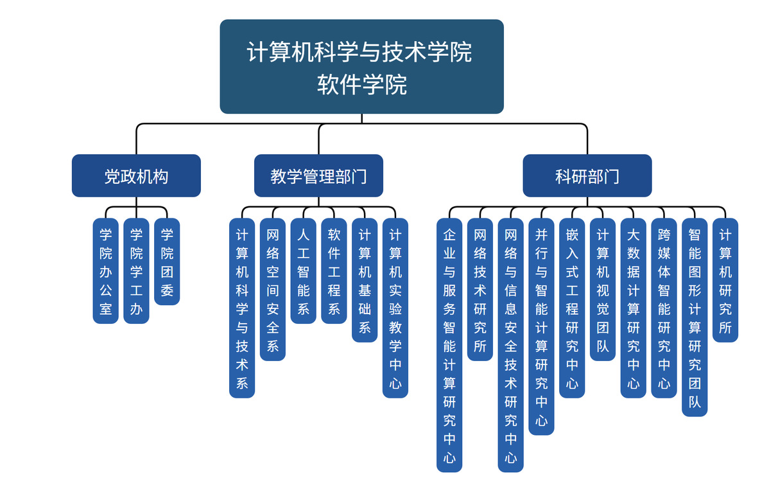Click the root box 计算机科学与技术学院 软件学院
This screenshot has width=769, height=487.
[x=361, y=66]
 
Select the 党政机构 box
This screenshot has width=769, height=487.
[x=136, y=175]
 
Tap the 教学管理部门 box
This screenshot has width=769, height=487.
[x=318, y=175]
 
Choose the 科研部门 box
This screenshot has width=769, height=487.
[x=587, y=175]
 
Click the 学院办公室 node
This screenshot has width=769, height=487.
[x=106, y=270]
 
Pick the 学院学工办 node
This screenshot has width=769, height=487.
[x=136, y=270]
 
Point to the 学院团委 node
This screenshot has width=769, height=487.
[x=167, y=261]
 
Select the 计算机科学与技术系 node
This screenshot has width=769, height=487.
[x=242, y=308]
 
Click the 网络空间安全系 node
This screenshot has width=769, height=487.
[x=273, y=289]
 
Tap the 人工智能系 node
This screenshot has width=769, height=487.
[x=304, y=270]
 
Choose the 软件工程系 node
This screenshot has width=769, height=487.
[x=334, y=270]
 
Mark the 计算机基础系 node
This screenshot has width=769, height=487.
[x=365, y=280]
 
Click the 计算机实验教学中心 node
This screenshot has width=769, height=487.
[x=395, y=308]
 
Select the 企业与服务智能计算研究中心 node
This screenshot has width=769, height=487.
[x=449, y=345]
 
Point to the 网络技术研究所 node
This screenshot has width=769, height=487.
[x=480, y=289]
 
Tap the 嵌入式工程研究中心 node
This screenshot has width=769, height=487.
[x=572, y=308]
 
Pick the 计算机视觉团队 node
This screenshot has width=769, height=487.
[x=603, y=289]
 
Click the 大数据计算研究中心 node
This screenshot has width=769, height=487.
[x=634, y=308]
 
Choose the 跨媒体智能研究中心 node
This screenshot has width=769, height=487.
[x=664, y=308]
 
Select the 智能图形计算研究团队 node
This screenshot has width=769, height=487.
[x=695, y=317]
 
